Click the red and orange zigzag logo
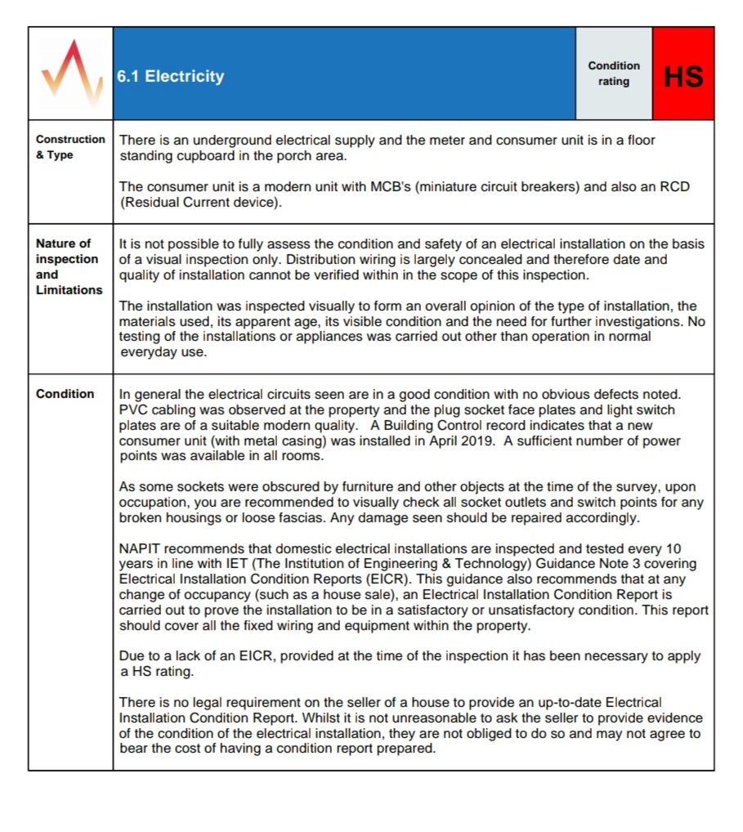(72, 74)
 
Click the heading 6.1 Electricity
(170, 76)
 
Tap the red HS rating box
(683, 75)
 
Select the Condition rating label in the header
(614, 74)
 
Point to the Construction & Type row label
(70, 147)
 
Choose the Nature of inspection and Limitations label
(69, 266)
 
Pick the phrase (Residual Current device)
(200, 203)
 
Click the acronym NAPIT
(140, 548)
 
